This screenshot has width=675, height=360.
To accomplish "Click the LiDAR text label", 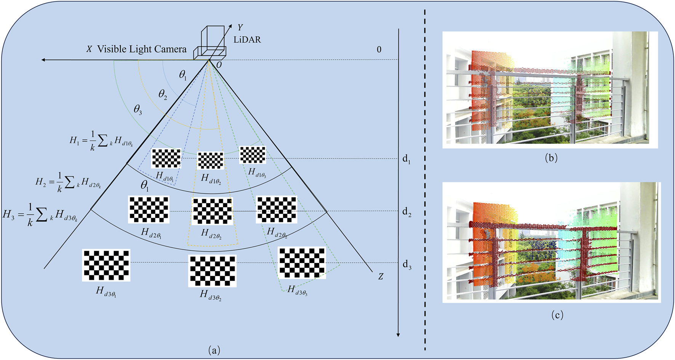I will click(x=247, y=40).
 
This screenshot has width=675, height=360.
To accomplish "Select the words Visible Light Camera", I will click(x=142, y=49).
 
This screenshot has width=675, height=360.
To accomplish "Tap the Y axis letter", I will click(x=240, y=27).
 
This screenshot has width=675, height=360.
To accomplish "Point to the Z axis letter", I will click(x=381, y=277).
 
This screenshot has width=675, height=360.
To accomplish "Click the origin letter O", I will click(x=219, y=65).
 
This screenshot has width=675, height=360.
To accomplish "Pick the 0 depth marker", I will click(x=379, y=50).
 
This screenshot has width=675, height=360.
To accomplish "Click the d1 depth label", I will click(x=406, y=159).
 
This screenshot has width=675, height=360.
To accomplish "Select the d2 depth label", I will click(x=407, y=212).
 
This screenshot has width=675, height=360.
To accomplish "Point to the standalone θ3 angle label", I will click(x=138, y=110).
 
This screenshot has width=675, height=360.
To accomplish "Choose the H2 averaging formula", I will click(x=68, y=182).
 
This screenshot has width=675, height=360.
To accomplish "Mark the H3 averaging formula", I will click(x=40, y=215).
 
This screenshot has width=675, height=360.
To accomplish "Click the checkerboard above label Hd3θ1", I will click(x=106, y=265).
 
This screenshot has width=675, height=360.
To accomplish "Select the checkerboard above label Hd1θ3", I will click(x=253, y=155).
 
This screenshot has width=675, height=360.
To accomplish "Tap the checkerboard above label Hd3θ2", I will click(x=212, y=271).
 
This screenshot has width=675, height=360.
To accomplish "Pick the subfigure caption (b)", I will click(x=551, y=158).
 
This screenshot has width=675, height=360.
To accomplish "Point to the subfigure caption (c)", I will click(x=557, y=315).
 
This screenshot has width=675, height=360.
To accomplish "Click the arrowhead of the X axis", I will click(x=44, y=60).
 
